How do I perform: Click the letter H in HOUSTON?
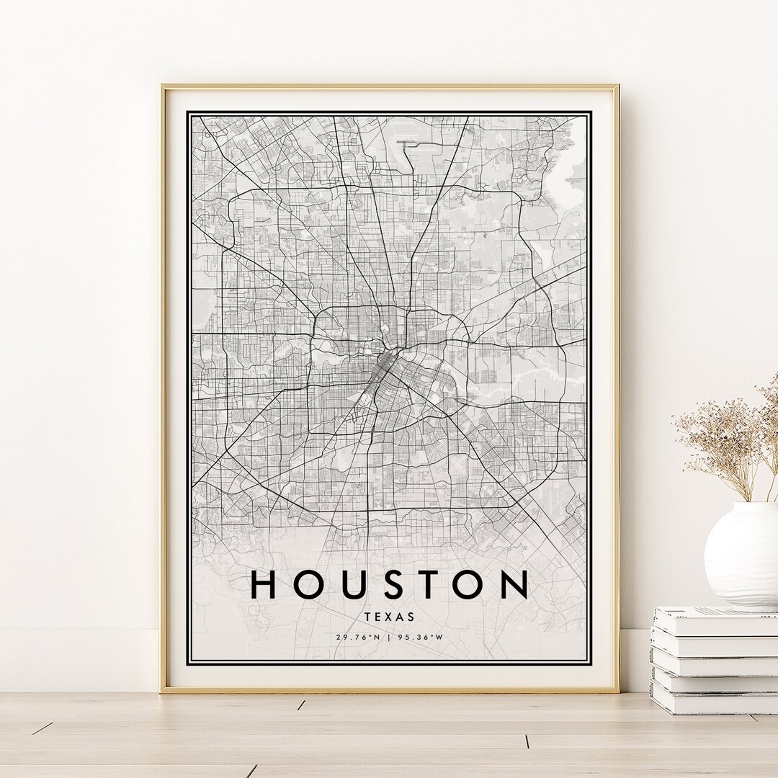coord(264,584)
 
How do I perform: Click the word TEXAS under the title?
coord(390,617)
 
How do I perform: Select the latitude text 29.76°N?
coord(357,637)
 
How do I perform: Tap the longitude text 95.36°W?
coord(421,637)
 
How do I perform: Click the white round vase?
coord(743,555)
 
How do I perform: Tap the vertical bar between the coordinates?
coord(390,637)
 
